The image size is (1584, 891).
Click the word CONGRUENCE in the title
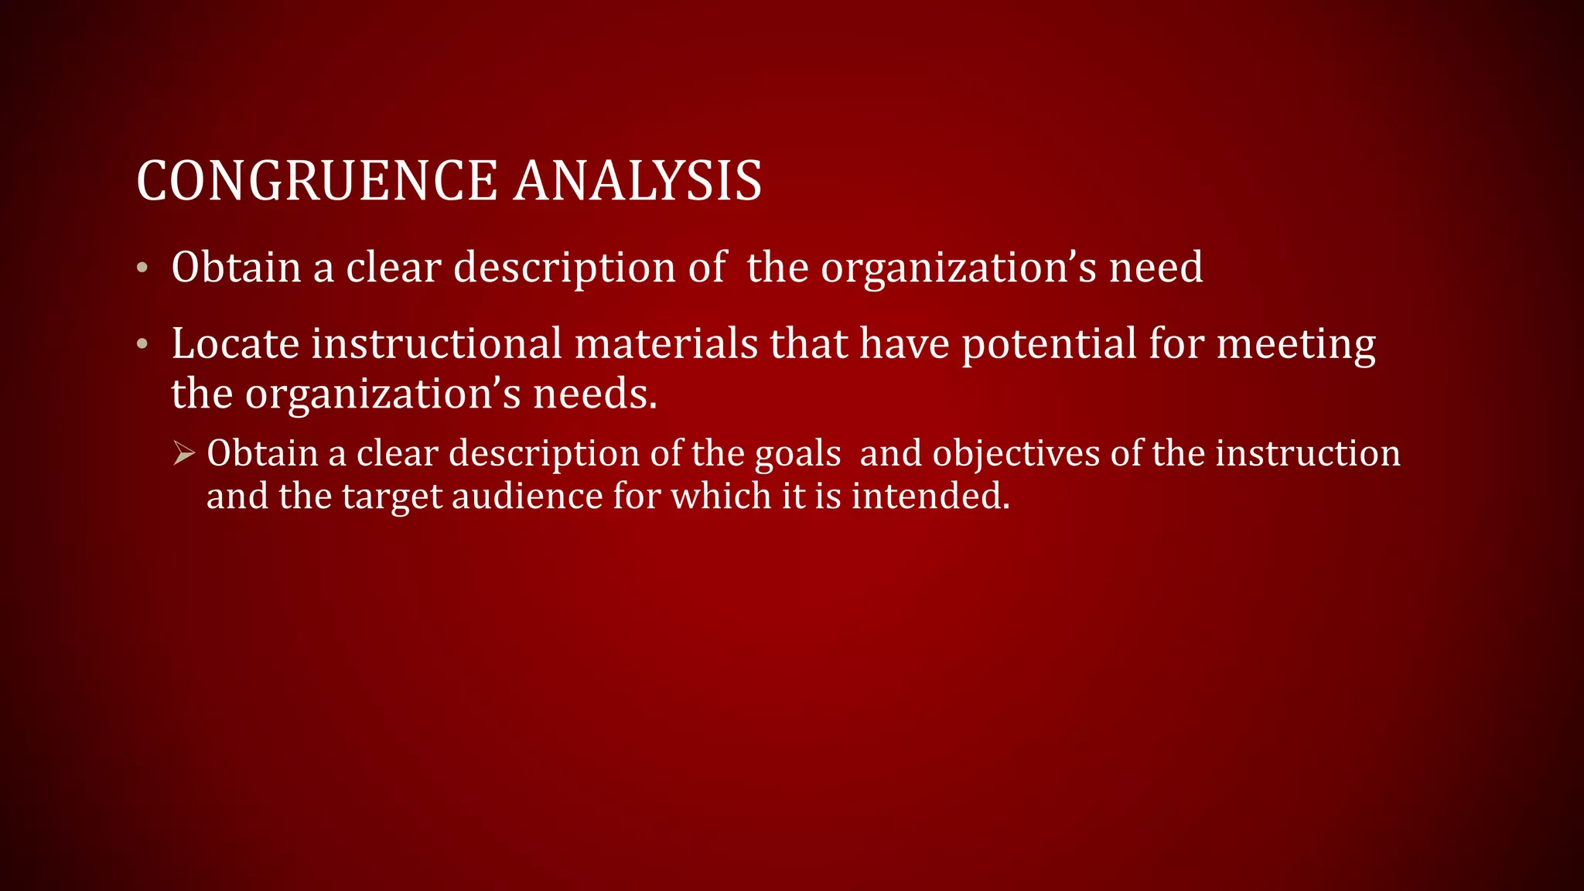pos(317,181)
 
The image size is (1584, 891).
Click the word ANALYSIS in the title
pos(638,181)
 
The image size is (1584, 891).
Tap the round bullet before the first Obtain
pos(142,268)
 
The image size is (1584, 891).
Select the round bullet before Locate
pos(142,344)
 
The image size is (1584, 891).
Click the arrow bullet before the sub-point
pos(183,453)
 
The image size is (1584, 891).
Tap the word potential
pos(1049,345)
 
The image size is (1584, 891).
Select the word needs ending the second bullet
pos(595,394)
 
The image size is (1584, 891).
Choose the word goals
pos(797,454)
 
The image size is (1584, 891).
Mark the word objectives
pos(1016,454)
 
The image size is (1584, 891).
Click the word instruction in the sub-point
pos(1307,453)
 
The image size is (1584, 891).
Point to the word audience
pos(527,496)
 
